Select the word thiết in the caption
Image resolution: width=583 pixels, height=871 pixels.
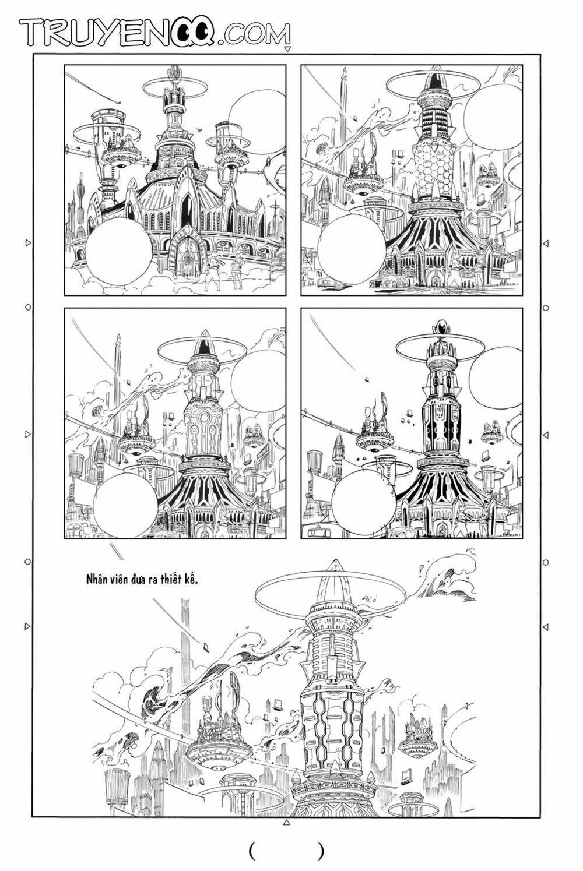click(x=170, y=580)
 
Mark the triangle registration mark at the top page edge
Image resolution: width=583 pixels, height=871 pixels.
click(x=286, y=50)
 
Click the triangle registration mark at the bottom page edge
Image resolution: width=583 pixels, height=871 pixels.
click(x=286, y=823)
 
